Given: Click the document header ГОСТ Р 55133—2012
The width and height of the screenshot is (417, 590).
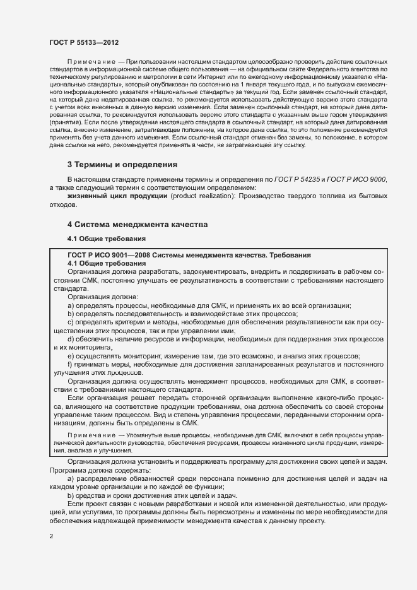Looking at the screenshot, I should [84, 41].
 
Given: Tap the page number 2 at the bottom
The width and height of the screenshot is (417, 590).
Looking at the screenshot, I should [51, 536].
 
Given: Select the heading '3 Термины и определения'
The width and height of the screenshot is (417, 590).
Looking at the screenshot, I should [122, 165].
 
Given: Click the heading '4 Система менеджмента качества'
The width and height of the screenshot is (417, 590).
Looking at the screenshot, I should [137, 225].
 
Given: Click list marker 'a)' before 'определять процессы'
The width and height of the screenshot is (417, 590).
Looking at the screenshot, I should [71, 305].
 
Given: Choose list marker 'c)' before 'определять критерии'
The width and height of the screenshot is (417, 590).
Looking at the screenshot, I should [71, 322].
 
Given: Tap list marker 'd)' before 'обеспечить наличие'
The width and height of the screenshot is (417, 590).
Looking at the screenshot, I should [71, 339].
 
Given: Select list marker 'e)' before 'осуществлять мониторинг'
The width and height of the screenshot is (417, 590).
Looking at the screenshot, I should [71, 356].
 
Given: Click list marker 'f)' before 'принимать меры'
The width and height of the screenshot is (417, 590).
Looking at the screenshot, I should [71, 364].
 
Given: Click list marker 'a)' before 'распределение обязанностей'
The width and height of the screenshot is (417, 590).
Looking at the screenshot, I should [71, 478].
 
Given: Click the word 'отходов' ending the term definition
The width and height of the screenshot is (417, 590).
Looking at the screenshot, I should [62, 205].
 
